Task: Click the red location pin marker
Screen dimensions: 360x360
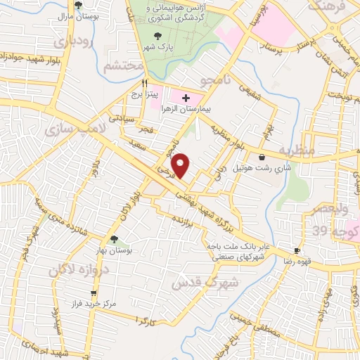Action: point(181,165)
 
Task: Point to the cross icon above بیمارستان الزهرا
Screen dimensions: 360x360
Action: point(186,98)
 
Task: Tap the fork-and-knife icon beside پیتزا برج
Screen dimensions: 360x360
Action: point(144,82)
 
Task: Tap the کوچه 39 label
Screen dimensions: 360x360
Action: point(342,231)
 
